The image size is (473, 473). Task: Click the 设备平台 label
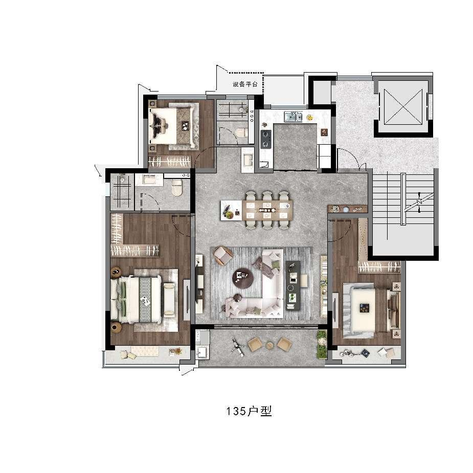pos(245,84)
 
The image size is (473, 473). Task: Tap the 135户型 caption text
pos(249,411)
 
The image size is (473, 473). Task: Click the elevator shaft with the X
pos(403,107)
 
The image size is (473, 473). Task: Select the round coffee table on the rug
pos(243,277)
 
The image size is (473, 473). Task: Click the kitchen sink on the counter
pos(293,116)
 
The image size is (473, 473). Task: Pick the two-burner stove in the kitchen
pos(266,140)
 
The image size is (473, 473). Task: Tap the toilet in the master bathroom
pos(177,188)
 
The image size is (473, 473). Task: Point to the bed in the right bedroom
pos(372,310)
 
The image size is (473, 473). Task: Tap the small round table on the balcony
pos(269,345)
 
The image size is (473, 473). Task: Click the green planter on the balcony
pos(322,345)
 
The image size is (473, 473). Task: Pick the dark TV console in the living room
pos(293,285)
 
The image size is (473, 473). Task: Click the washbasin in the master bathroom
pos(149,180)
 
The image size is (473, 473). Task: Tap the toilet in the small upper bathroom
pos(242,132)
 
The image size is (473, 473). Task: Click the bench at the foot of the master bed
pos(169,300)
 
